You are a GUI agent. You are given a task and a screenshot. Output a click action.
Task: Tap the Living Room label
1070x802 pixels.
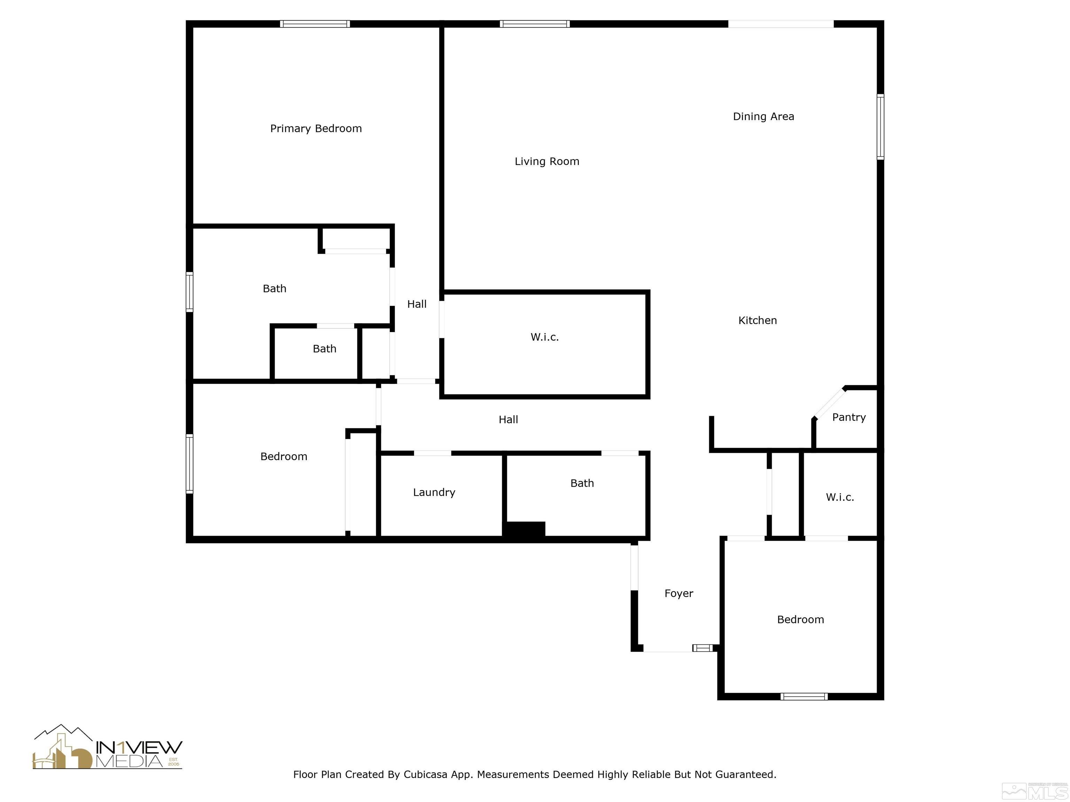tap(546, 162)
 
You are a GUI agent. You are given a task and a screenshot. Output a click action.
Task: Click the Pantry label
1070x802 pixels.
tap(848, 417)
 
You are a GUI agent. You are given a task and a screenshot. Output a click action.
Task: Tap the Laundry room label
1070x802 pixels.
tap(434, 492)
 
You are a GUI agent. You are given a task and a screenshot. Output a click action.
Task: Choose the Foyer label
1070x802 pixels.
tap(678, 593)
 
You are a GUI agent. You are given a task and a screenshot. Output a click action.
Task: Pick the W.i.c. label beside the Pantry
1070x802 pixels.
tap(839, 497)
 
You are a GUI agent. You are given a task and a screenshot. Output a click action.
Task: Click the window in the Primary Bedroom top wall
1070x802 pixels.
tap(315, 24)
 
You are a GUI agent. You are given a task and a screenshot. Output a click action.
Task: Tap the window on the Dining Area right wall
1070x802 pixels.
tap(881, 127)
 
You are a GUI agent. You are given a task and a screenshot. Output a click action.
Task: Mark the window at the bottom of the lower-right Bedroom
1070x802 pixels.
tap(804, 697)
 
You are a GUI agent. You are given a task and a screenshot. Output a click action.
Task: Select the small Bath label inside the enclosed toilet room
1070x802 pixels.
tap(324, 348)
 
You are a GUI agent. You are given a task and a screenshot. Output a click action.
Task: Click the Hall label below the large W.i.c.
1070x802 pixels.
tap(508, 419)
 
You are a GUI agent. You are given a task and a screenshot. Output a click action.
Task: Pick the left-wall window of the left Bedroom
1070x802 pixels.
tap(189, 464)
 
